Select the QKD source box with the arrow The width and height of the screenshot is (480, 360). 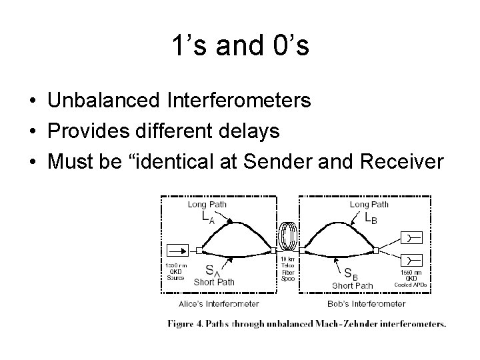click(x=177, y=251)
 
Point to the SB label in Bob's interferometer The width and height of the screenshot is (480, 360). click(x=349, y=273)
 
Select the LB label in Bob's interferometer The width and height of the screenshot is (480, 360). click(x=370, y=217)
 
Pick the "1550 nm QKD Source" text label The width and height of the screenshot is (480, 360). click(x=176, y=272)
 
